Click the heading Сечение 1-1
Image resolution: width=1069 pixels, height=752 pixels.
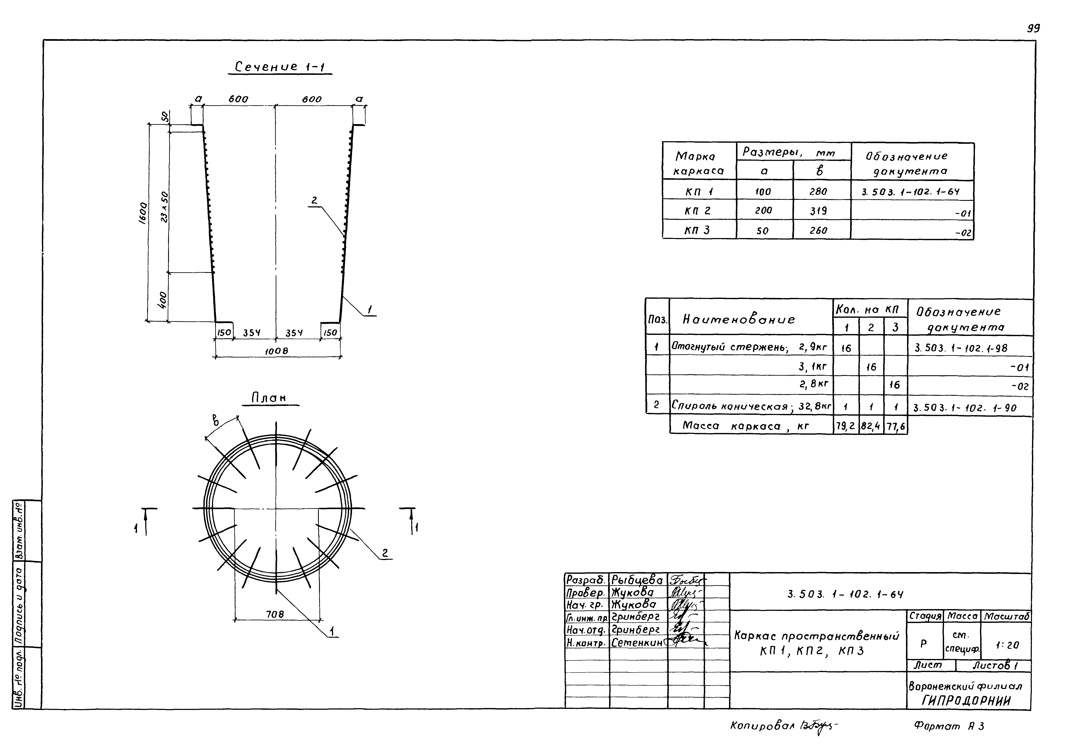coord(279,67)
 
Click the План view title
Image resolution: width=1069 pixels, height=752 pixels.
coord(269,398)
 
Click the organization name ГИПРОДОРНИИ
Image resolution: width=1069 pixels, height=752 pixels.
coord(966,701)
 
